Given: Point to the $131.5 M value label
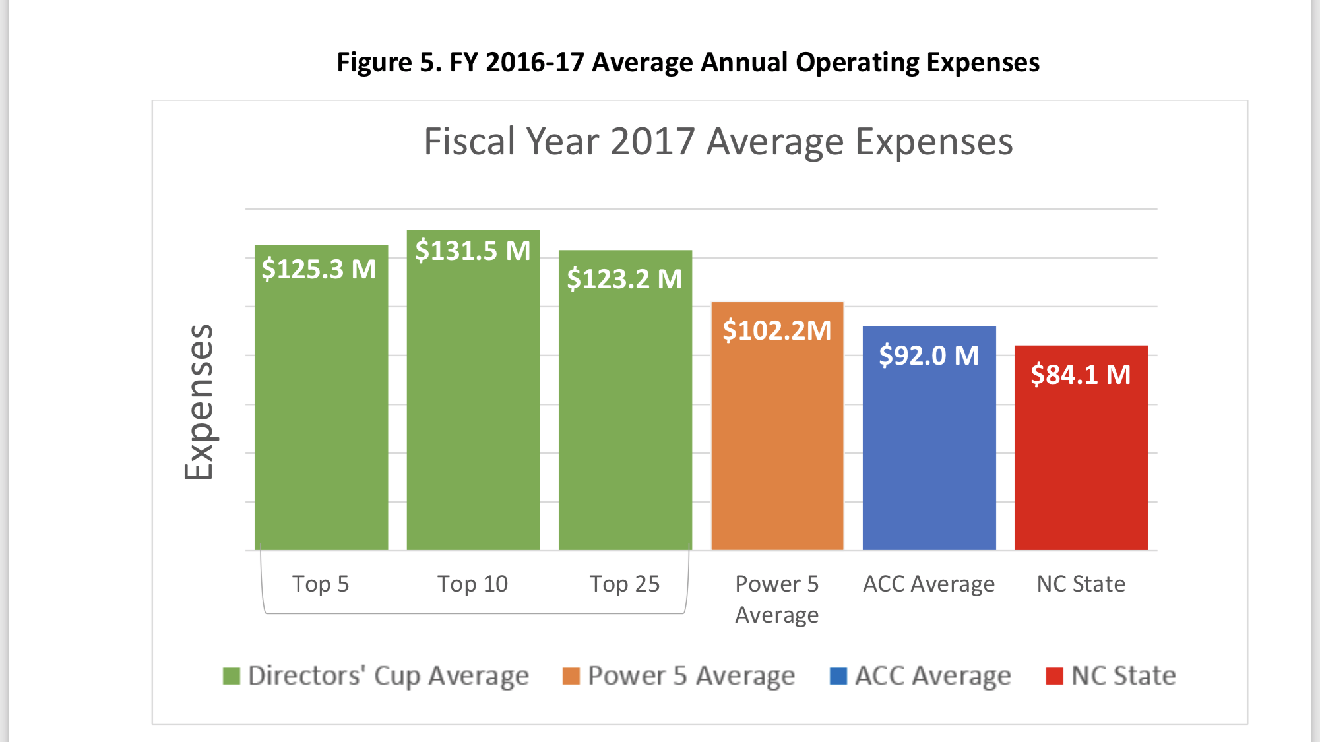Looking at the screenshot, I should (473, 251).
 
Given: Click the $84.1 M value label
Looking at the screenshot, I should (1081, 375).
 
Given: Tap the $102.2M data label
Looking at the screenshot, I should (777, 330).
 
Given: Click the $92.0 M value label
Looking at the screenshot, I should (929, 356).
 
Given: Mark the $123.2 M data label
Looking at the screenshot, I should (625, 279).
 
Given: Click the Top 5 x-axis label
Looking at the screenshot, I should (321, 584).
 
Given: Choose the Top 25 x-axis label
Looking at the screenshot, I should (625, 584).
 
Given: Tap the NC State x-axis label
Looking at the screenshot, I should (1081, 584).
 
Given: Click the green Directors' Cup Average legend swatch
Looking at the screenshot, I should (232, 676).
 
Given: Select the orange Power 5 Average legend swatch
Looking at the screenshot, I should (571, 676).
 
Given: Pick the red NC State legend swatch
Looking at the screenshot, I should (1054, 676).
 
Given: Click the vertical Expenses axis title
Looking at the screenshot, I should (199, 402).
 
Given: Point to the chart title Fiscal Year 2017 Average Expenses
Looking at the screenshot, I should (718, 142).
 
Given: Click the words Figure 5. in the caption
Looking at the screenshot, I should (389, 63).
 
